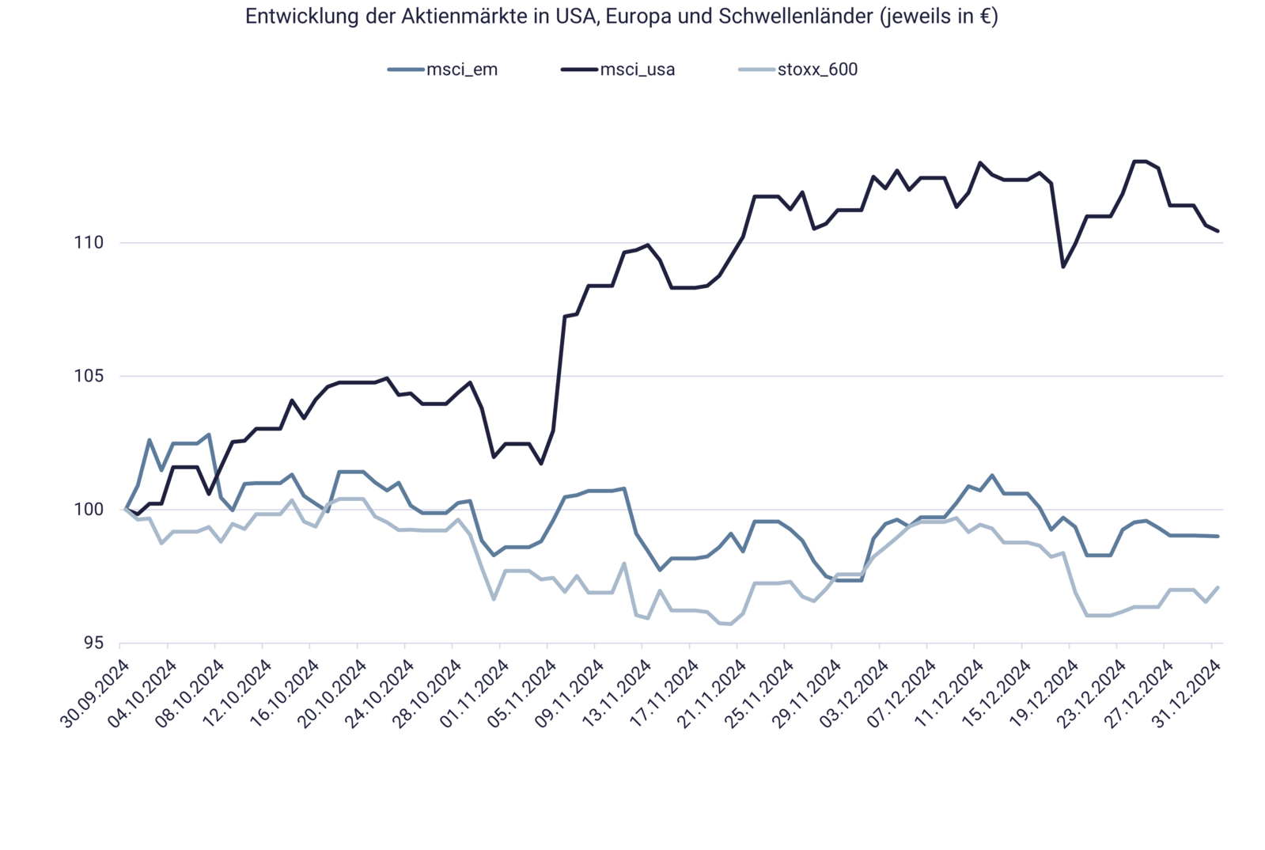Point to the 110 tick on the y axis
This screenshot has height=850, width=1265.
[89, 243]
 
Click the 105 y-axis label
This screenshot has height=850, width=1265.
[89, 376]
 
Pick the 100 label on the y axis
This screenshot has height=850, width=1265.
[89, 509]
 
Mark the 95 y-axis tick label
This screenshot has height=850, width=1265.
[94, 643]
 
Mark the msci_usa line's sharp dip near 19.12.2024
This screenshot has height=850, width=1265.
[1063, 267]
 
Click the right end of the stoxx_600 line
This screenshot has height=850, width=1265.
[1218, 586]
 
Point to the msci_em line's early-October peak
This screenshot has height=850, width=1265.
[149, 438]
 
